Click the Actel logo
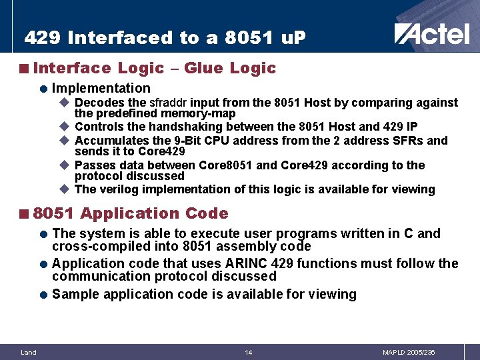[x=431, y=33]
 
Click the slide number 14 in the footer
[x=248, y=352]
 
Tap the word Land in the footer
[x=29, y=352]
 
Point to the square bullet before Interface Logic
[x=23, y=69]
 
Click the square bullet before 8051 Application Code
[x=23, y=214]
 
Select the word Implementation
[x=101, y=88]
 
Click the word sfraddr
[x=169, y=103]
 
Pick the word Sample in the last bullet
[x=74, y=294]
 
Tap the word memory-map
[x=198, y=113]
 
